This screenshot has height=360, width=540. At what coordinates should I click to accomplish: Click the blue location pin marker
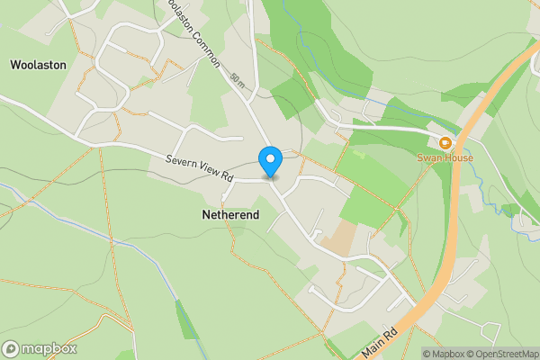click(x=270, y=161)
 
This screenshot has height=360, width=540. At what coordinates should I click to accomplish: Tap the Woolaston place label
click(x=34, y=65)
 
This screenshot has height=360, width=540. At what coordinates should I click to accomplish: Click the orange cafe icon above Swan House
click(x=445, y=142)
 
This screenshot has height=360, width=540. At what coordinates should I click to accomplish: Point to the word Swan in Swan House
click(x=428, y=157)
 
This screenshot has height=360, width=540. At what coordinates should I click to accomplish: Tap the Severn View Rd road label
click(x=200, y=168)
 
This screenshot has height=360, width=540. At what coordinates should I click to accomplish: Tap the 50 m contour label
click(x=237, y=80)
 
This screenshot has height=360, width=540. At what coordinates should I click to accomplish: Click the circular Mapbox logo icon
click(x=12, y=348)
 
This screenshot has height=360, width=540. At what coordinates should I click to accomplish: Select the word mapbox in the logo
click(x=49, y=348)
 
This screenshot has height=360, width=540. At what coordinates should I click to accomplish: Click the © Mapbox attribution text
click(x=445, y=354)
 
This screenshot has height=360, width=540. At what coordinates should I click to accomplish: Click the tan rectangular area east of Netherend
click(x=338, y=237)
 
